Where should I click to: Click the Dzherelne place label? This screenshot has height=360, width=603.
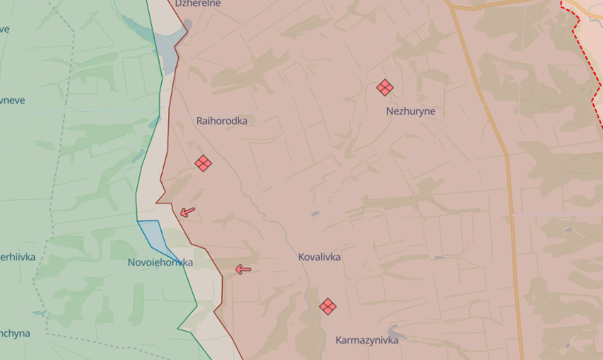tap(198, 4)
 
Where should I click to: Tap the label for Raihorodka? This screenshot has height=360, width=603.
tap(222, 120)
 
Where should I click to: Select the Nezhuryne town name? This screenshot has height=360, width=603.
tap(410, 111)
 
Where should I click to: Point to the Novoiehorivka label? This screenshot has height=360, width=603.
tap(160, 263)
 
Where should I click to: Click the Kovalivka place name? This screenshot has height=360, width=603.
tap(319, 257)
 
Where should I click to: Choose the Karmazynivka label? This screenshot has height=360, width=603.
tap(366, 340)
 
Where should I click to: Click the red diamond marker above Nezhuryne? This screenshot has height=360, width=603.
tap(384, 88)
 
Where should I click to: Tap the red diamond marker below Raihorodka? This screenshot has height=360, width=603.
tap(203, 163)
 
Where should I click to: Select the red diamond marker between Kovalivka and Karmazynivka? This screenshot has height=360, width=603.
tap(328, 306)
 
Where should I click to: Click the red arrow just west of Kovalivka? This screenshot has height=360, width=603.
tap(243, 269)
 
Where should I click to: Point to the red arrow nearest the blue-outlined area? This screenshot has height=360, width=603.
tap(188, 212)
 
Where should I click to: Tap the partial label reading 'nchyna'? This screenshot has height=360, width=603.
tap(15, 333)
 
